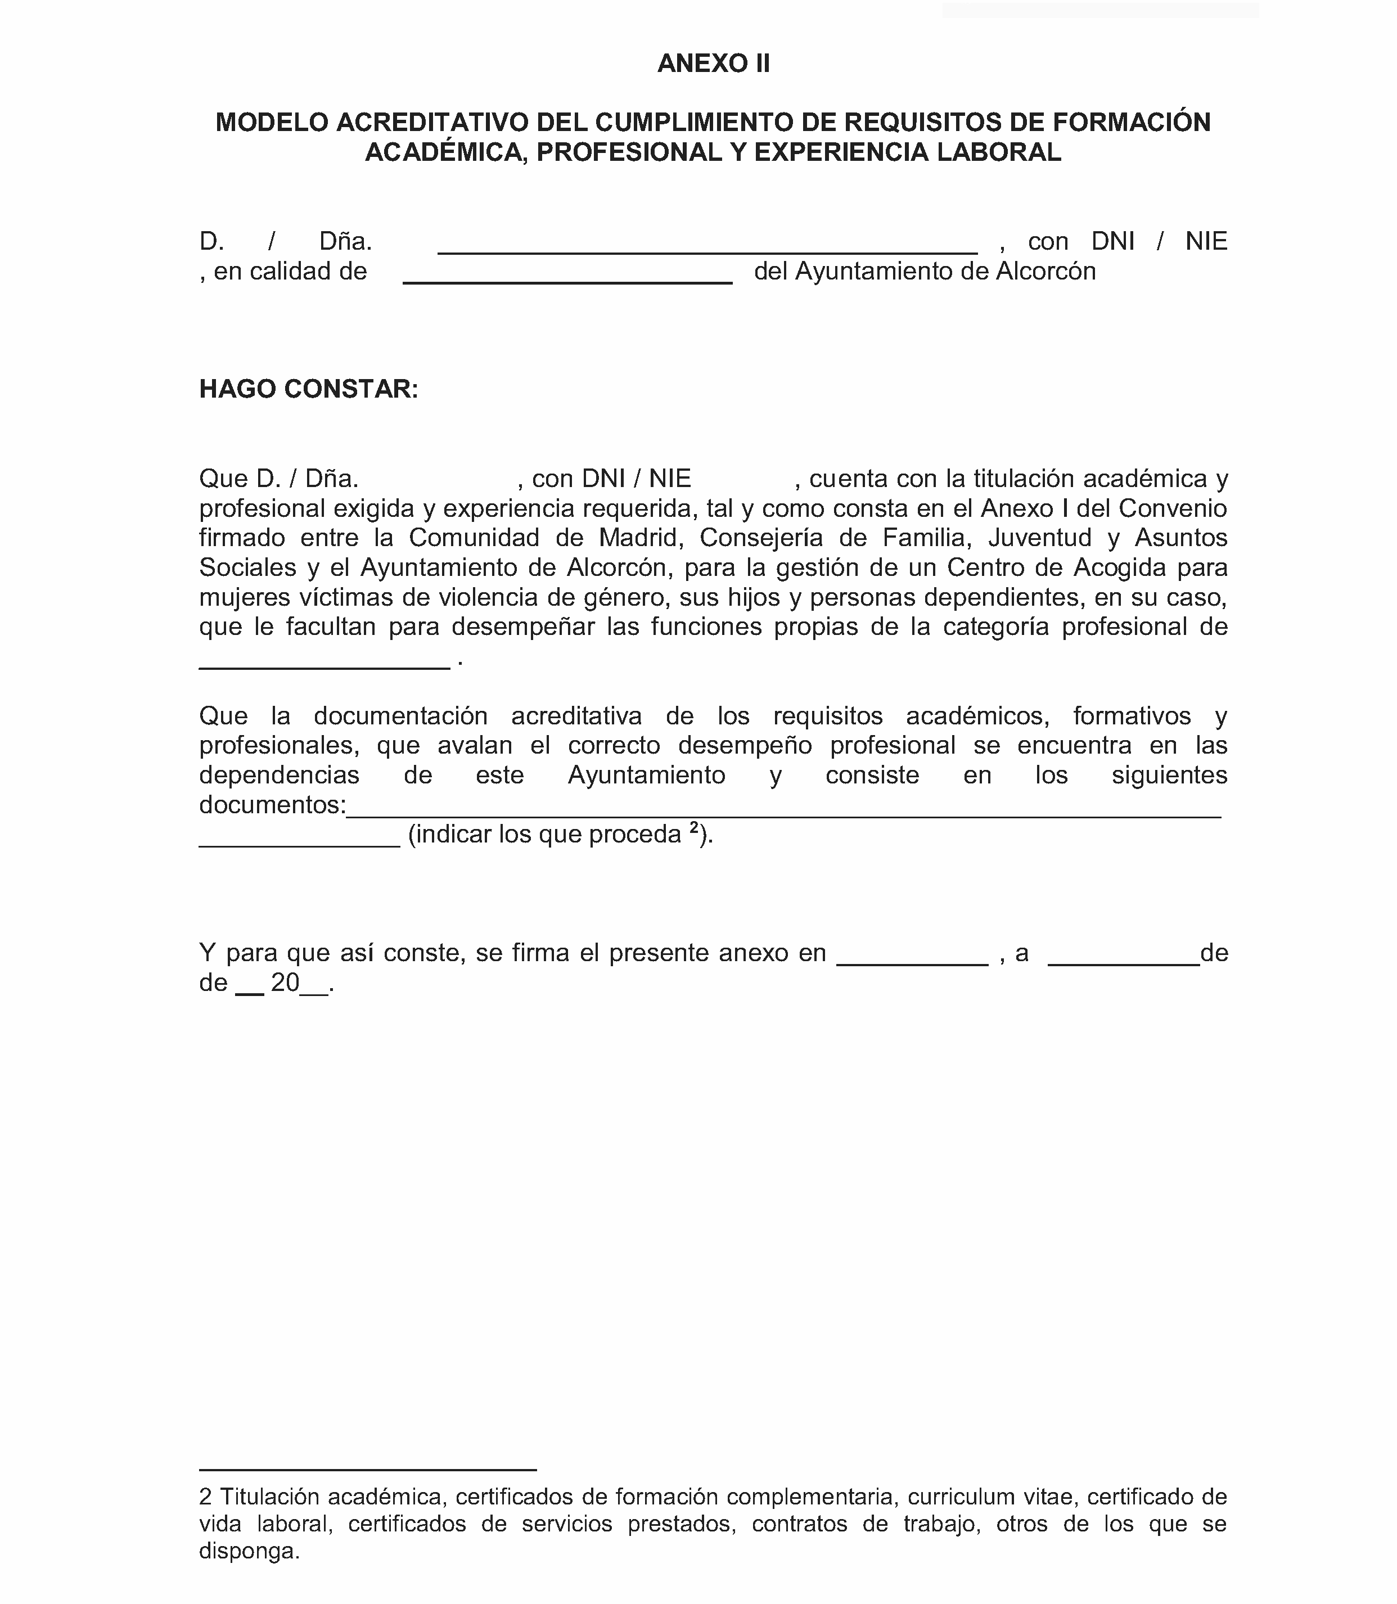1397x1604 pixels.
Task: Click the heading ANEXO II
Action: click(x=713, y=63)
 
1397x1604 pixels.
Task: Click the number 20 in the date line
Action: click(x=285, y=983)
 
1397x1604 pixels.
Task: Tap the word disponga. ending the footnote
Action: click(x=250, y=1551)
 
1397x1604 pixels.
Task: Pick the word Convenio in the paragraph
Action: click(x=1173, y=508)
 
